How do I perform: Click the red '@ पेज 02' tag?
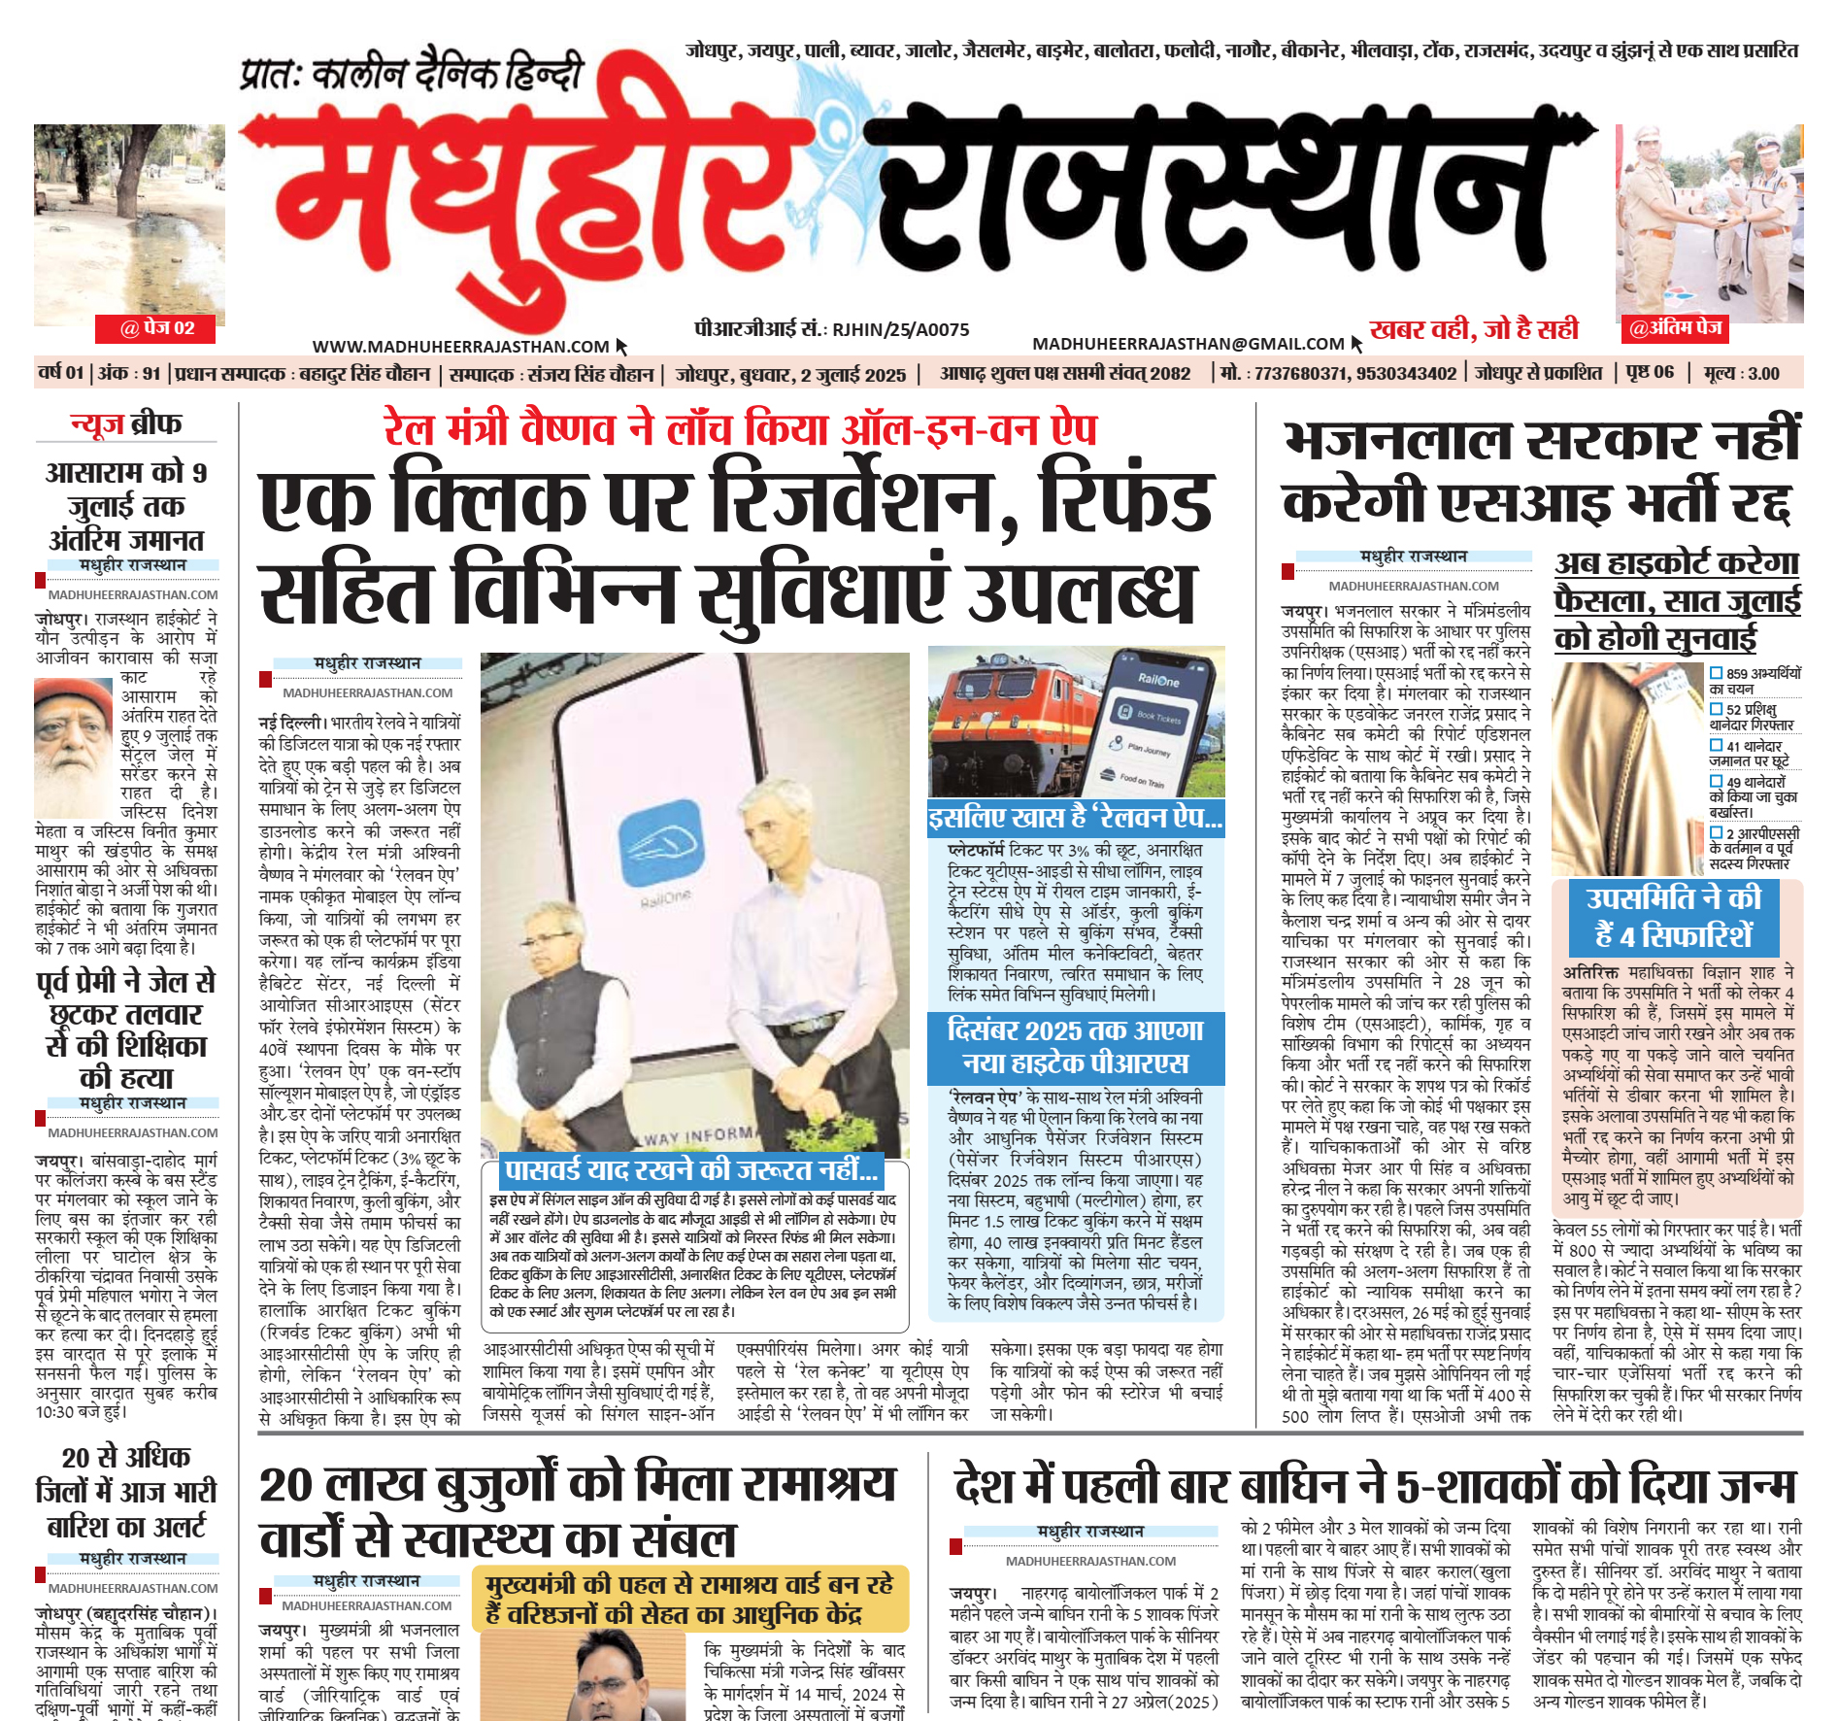click(x=156, y=328)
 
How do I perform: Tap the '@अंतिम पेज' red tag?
click(x=1675, y=328)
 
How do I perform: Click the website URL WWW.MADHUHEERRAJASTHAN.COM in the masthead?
click(x=460, y=347)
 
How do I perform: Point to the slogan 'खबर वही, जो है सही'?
click(x=1474, y=329)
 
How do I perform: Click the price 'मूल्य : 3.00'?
click(x=1742, y=374)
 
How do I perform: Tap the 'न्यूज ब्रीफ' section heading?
click(x=126, y=423)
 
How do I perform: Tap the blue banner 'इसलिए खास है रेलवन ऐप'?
click(x=1075, y=818)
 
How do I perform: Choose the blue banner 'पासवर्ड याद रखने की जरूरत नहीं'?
click(x=690, y=1169)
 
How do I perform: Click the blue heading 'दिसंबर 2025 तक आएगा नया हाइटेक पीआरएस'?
click(x=1075, y=1047)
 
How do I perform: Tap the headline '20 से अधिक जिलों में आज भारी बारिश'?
click(x=126, y=1492)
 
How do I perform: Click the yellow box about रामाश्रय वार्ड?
click(x=695, y=1599)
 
